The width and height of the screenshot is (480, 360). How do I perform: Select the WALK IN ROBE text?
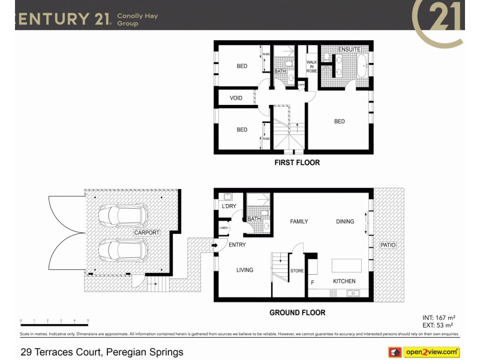tap(311, 67)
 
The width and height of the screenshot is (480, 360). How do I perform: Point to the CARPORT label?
tap(146, 232)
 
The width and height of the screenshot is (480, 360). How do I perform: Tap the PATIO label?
tap(388, 245)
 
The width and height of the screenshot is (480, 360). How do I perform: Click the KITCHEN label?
tap(344, 281)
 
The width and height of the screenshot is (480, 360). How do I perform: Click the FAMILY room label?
tap(299, 221)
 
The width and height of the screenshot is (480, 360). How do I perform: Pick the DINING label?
tap(345, 221)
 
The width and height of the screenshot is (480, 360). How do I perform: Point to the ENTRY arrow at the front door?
tap(214, 244)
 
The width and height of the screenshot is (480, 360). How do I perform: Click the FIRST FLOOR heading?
tap(297, 163)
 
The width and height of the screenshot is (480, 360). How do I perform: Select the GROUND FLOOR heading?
tap(297, 313)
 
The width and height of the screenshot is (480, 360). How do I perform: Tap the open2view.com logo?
tap(431, 352)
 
